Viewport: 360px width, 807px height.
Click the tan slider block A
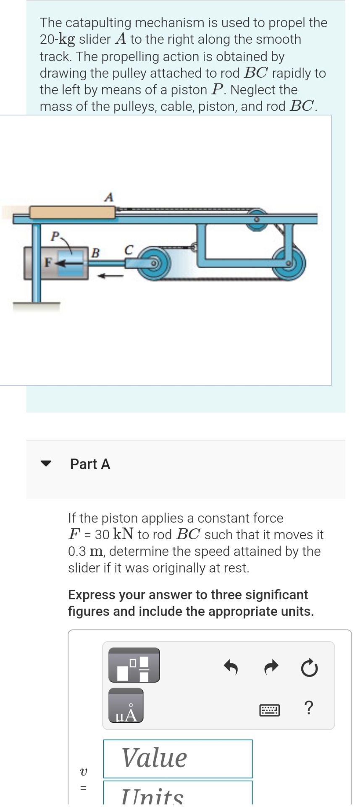click(72, 212)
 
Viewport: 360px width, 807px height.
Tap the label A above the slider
click(109, 197)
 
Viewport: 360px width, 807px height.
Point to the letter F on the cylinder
click(47, 263)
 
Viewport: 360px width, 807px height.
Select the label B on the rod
click(95, 253)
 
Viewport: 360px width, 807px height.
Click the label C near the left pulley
click(129, 250)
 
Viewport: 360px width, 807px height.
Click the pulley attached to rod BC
click(153, 264)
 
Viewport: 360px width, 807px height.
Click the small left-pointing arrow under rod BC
click(110, 276)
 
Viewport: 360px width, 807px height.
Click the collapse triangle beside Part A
click(45, 464)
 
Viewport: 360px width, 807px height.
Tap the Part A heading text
click(90, 464)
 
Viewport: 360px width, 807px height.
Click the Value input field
click(178, 758)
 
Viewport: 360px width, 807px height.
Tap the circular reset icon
click(310, 667)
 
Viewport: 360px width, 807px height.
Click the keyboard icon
click(269, 710)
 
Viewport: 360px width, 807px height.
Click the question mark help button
click(309, 708)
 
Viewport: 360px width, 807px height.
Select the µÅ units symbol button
click(126, 711)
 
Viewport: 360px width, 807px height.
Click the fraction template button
click(134, 665)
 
